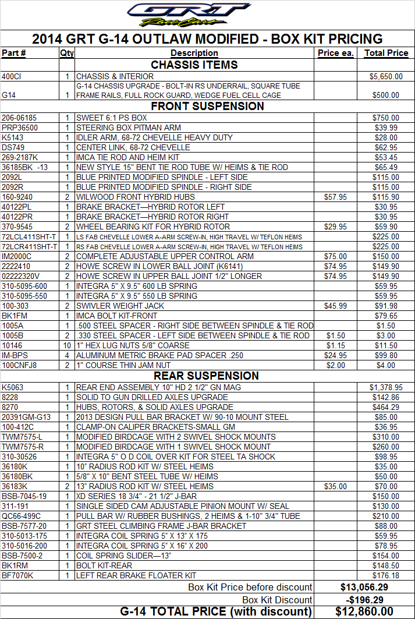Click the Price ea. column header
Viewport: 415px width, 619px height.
(x=336, y=53)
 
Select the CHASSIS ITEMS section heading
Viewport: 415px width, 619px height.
(x=194, y=65)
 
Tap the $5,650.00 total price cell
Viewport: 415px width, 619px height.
(x=386, y=76)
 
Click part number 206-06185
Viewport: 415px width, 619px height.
(x=19, y=118)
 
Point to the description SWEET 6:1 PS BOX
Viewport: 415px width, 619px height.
(x=112, y=118)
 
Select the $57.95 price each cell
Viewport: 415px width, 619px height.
(x=335, y=197)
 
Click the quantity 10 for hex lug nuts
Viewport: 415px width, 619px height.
(x=67, y=345)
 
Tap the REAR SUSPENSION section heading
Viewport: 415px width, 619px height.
(x=207, y=376)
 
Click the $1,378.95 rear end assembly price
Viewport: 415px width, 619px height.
(x=386, y=387)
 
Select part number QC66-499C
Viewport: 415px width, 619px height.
(x=21, y=516)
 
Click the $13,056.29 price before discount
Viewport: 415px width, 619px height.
(x=364, y=587)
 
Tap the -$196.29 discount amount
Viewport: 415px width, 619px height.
(x=364, y=600)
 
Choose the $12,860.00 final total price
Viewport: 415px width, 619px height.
(x=364, y=611)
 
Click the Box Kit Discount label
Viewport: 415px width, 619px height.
(x=277, y=600)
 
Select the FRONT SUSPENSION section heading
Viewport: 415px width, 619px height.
(x=207, y=106)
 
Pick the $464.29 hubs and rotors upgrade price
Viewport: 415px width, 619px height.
(x=386, y=407)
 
